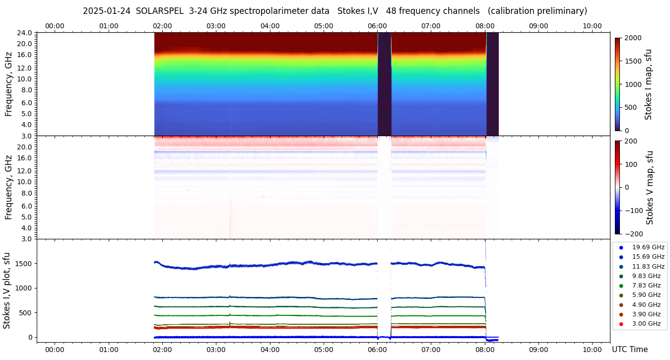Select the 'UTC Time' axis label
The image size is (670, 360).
(630, 350)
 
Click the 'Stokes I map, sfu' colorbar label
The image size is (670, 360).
(648, 84)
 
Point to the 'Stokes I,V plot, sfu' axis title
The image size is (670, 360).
(7, 290)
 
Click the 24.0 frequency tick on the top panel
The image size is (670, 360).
(25, 33)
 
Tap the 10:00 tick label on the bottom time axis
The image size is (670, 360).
(592, 350)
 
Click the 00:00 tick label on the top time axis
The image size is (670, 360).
(55, 26)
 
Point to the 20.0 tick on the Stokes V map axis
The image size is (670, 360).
(25, 147)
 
